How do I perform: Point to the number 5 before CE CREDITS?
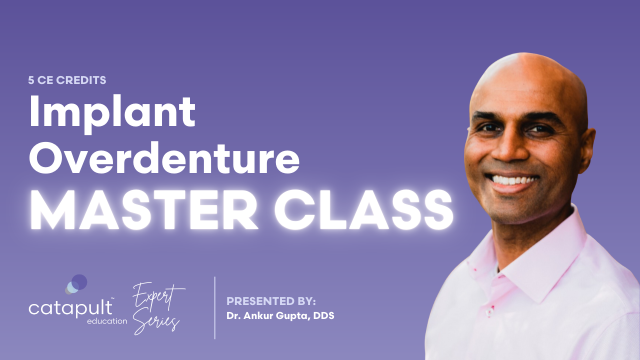31,80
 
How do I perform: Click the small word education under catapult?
106,321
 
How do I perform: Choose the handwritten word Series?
163,320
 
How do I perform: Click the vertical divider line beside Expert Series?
215,307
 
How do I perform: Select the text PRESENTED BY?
271,301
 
